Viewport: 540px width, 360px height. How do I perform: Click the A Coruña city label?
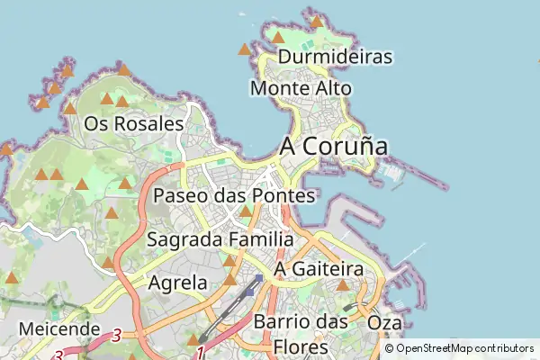coord(334,146)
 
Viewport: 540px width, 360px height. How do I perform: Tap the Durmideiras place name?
coord(336,57)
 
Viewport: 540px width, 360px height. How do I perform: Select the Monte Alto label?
coord(301,88)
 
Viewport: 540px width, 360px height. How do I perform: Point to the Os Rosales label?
coord(133,123)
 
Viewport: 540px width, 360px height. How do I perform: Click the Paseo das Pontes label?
coord(234,195)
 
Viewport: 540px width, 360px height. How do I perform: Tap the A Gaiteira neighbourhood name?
coord(318,269)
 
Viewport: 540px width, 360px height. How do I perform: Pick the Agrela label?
coord(176,283)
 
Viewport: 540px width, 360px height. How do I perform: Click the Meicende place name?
coord(58,328)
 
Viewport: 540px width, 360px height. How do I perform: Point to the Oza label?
coord(385,322)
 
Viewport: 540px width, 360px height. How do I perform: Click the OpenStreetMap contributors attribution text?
coord(464,348)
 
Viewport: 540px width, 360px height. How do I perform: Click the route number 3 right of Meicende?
coord(116,335)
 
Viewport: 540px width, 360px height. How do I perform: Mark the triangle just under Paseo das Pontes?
coord(247,211)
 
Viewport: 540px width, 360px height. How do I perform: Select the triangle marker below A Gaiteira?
coord(342,285)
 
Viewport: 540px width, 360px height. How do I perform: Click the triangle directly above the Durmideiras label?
coord(279,38)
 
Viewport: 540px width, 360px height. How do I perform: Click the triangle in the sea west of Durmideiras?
coord(244,49)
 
